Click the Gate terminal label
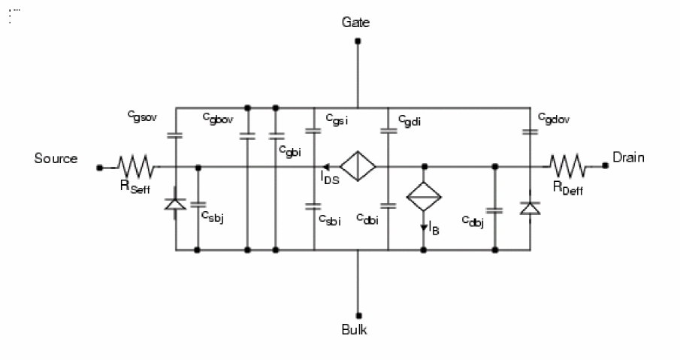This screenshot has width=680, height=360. point(355,23)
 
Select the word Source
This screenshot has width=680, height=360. point(56,159)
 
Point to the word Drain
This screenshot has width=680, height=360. point(628,159)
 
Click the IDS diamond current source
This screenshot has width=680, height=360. point(358,166)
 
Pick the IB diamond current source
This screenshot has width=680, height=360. point(423,195)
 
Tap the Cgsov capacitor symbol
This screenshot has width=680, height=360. point(175,136)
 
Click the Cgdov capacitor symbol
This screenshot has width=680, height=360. point(529,133)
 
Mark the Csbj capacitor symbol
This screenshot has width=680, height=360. point(197,204)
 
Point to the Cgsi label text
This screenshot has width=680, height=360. point(336,119)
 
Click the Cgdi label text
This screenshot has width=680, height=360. point(409,119)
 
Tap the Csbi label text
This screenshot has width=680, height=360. point(330,219)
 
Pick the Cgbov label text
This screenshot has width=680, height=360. point(217,117)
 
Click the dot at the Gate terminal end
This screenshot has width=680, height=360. point(358,41)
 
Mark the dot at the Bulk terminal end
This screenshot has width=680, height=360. point(358,315)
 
